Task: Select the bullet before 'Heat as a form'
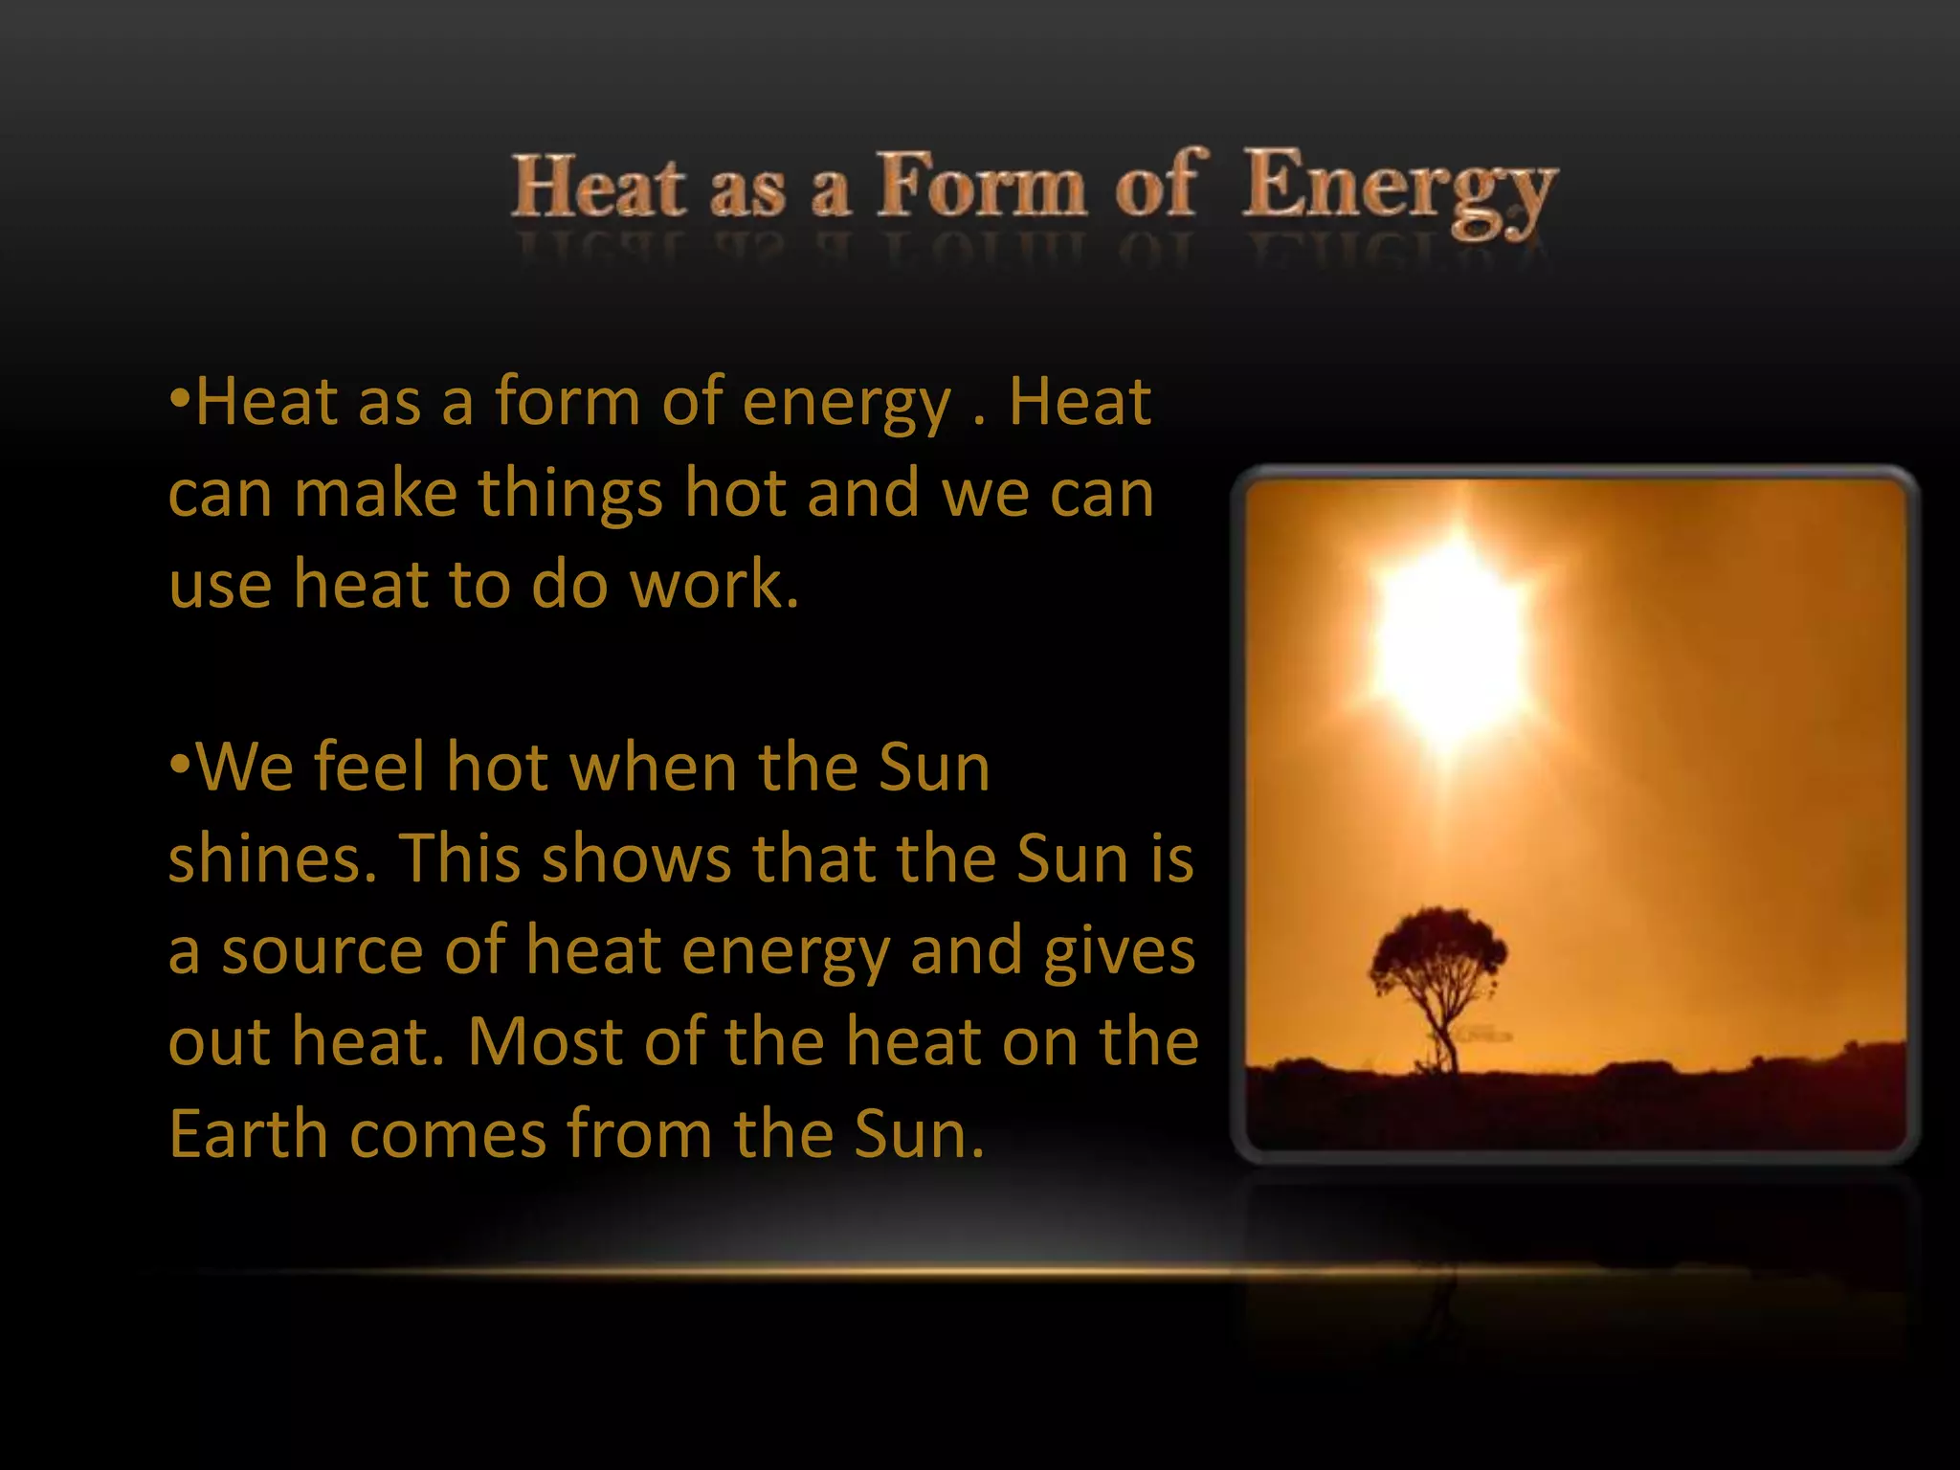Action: tap(179, 399)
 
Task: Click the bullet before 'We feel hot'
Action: tap(179, 766)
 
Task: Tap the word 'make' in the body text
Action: tap(375, 493)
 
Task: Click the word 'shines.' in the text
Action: tap(273, 858)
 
